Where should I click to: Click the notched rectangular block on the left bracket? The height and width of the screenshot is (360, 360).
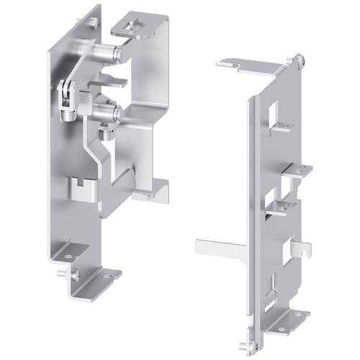tap(81, 192)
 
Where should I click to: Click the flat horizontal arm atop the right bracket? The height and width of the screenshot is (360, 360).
tap(245, 66)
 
